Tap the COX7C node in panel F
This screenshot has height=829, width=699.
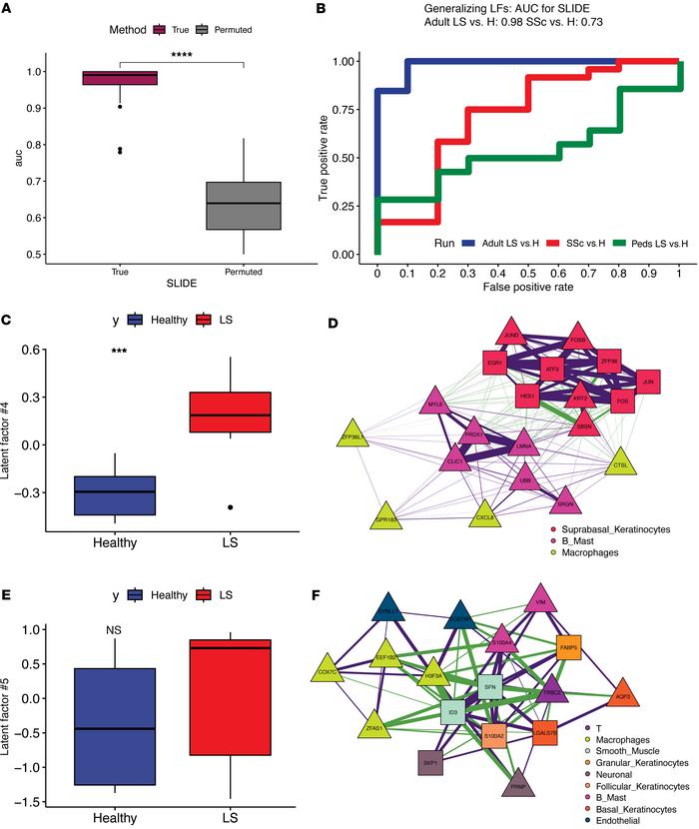click(x=327, y=671)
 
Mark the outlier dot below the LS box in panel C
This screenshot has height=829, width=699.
click(x=231, y=507)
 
